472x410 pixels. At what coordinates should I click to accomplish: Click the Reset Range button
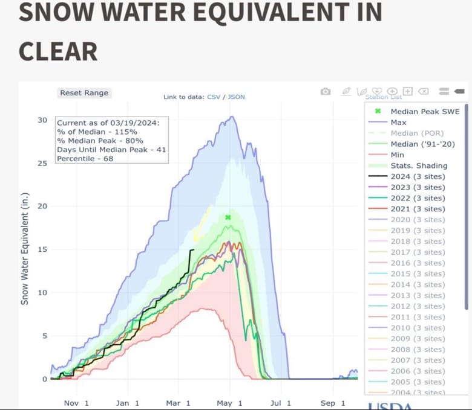click(84, 93)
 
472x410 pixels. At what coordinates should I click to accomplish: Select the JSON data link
click(237, 97)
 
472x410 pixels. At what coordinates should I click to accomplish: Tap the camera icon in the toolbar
click(326, 91)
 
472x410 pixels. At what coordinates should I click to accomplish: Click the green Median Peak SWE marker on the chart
click(228, 217)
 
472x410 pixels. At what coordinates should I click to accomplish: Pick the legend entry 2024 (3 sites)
click(418, 176)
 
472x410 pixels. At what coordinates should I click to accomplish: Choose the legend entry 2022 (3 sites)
click(418, 198)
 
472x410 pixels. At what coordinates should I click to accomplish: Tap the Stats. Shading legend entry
click(419, 165)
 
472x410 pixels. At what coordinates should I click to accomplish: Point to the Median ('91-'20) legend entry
click(422, 144)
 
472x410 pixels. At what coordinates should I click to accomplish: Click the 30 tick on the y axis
click(42, 120)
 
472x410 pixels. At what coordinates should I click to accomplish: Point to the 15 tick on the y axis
click(42, 249)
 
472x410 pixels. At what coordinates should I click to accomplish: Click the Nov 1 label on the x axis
click(76, 403)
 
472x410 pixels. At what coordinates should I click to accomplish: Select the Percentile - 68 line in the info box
click(85, 159)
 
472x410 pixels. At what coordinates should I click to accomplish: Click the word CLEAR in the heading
click(58, 51)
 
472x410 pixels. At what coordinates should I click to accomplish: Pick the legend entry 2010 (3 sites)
click(418, 328)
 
